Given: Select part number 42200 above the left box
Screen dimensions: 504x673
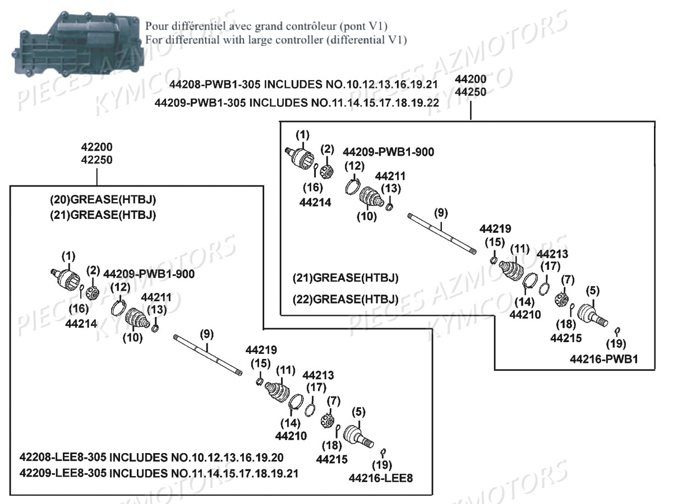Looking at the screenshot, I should pyautogui.click(x=97, y=147).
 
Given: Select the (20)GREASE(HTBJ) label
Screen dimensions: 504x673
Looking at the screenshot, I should pyautogui.click(x=103, y=199).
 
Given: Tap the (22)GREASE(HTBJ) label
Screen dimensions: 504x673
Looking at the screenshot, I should pyautogui.click(x=345, y=299).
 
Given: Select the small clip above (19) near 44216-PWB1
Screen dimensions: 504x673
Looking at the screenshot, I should pyautogui.click(x=617, y=330).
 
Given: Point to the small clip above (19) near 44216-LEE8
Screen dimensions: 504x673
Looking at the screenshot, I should pyautogui.click(x=383, y=451).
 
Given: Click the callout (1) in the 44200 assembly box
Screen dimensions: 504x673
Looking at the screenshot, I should pyautogui.click(x=302, y=135).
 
